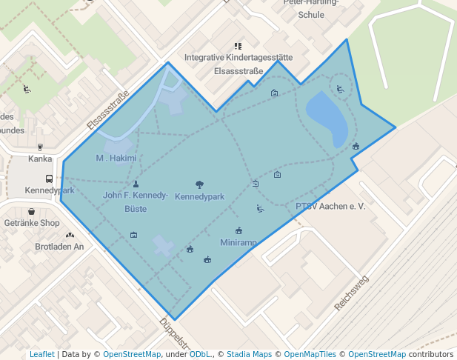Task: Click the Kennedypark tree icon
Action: [x=199, y=184]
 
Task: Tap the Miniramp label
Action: [x=238, y=242]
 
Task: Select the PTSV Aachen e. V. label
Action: [x=330, y=206]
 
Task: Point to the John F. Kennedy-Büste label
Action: [x=136, y=201]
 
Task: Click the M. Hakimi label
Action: [x=116, y=158]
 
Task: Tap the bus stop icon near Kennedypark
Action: [x=49, y=179]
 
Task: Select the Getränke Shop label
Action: [x=31, y=223]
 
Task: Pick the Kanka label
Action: [x=40, y=159]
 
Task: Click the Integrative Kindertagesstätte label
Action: [x=238, y=57]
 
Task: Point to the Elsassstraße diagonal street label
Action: [x=108, y=110]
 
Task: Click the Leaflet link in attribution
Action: [x=41, y=354]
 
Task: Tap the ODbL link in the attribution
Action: [x=200, y=354]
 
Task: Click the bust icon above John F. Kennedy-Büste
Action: [x=136, y=184]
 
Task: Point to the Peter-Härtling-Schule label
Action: [x=310, y=8]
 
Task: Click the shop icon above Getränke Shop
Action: [x=31, y=212]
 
